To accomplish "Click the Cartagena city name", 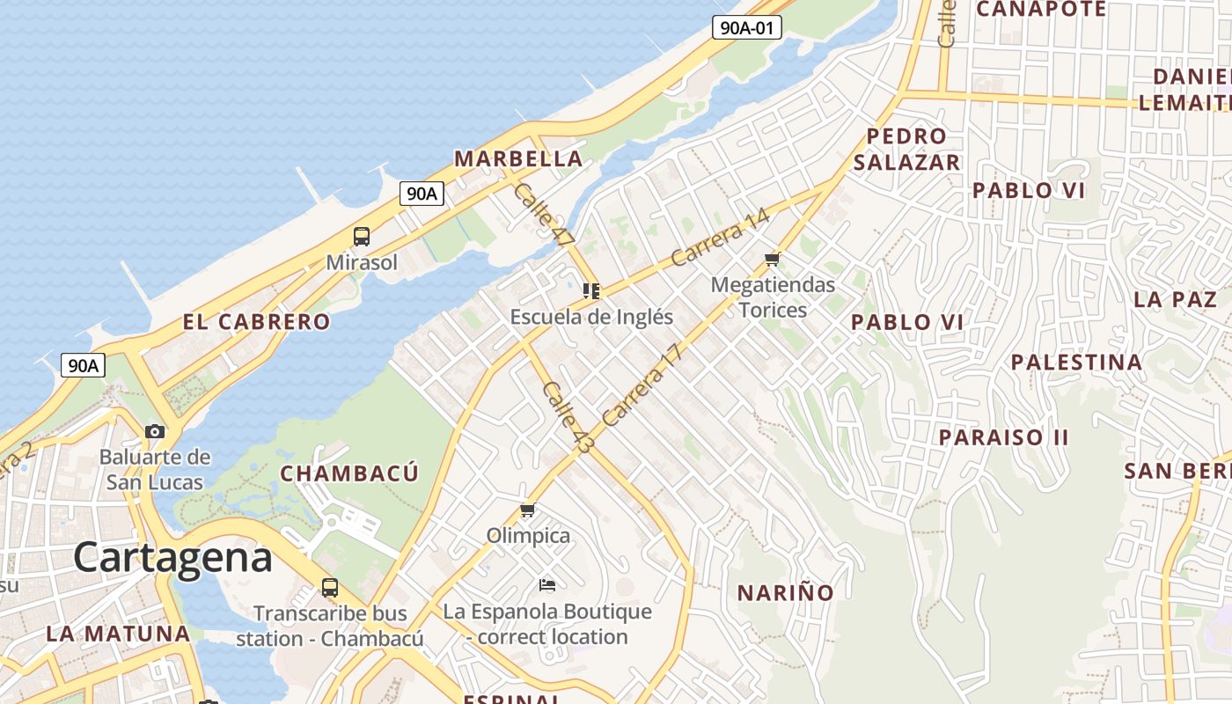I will pos(172,558).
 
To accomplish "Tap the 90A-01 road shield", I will pos(746,27).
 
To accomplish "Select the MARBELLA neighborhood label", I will pos(517,159).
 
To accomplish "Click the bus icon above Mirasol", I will pos(362,236).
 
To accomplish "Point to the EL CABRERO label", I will pos(256,322).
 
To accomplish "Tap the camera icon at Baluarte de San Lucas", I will pos(155,431).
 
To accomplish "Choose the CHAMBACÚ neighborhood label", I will pos(349,473).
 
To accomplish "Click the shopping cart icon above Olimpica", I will pos(528,510).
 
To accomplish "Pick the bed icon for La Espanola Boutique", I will pos(547,584).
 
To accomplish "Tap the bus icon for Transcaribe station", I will pos(330,587).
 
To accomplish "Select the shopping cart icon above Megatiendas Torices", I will pos(773,259).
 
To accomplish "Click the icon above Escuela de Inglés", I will pos(591,290).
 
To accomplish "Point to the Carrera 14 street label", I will pos(720,238).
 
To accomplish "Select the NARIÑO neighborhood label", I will pos(785,593).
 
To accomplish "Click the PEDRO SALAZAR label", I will pos(906,150).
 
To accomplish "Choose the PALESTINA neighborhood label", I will pos(1076,363).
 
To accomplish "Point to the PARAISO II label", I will pos(1003,437).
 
